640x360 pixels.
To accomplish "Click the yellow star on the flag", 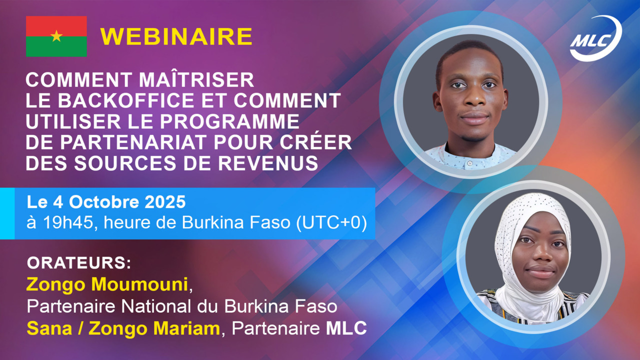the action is [56, 36].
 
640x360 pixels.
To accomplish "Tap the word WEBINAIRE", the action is [176, 36].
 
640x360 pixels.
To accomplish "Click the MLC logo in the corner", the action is [595, 38].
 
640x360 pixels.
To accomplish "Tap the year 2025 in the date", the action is [165, 202].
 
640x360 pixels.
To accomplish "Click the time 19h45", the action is [68, 222].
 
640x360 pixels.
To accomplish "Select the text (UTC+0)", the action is [331, 222].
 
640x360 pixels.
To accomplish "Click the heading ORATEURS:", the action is [79, 263].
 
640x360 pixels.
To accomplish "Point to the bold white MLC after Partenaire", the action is [346, 328].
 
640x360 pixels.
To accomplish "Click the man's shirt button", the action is [469, 163].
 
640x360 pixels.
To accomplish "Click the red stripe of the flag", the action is [56, 26].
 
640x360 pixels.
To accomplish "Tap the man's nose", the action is [474, 98].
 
